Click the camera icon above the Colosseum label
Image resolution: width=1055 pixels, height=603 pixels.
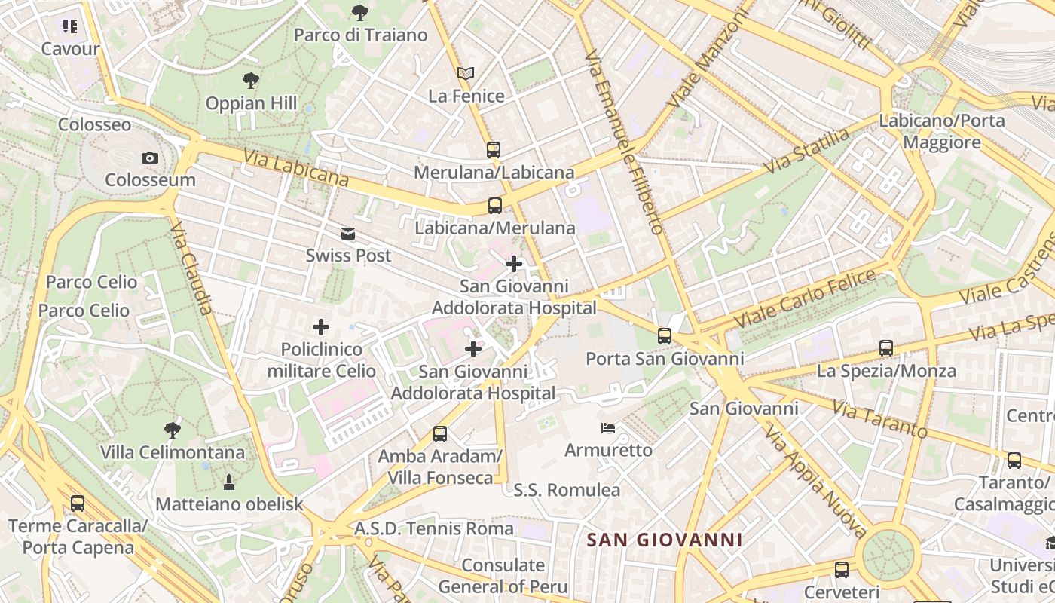click(x=150, y=158)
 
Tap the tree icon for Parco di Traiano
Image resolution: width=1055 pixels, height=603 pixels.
click(x=360, y=12)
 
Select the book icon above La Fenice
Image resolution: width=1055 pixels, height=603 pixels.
click(x=466, y=73)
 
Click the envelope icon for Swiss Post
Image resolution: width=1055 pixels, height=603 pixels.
click(x=348, y=234)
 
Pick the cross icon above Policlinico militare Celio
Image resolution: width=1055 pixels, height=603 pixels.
click(x=321, y=327)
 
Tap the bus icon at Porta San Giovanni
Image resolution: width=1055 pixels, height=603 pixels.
click(x=665, y=336)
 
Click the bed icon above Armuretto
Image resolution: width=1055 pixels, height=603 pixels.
click(x=608, y=428)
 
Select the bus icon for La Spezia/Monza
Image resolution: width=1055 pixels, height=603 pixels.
click(x=886, y=348)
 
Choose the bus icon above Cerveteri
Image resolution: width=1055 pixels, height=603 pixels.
click(x=842, y=570)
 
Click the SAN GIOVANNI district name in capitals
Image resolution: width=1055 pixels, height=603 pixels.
click(x=665, y=540)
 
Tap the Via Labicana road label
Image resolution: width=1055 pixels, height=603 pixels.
click(x=296, y=167)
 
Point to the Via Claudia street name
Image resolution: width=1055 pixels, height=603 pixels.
click(x=193, y=268)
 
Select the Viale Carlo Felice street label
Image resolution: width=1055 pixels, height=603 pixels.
click(x=805, y=298)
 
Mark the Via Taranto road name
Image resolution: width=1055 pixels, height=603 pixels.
click(x=879, y=419)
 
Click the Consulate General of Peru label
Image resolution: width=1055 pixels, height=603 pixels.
click(x=503, y=575)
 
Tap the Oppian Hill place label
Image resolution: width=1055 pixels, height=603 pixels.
click(x=251, y=103)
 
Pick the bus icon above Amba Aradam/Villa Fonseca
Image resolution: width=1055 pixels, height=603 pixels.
click(x=440, y=434)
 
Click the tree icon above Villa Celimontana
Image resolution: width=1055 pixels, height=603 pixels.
click(x=173, y=430)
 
